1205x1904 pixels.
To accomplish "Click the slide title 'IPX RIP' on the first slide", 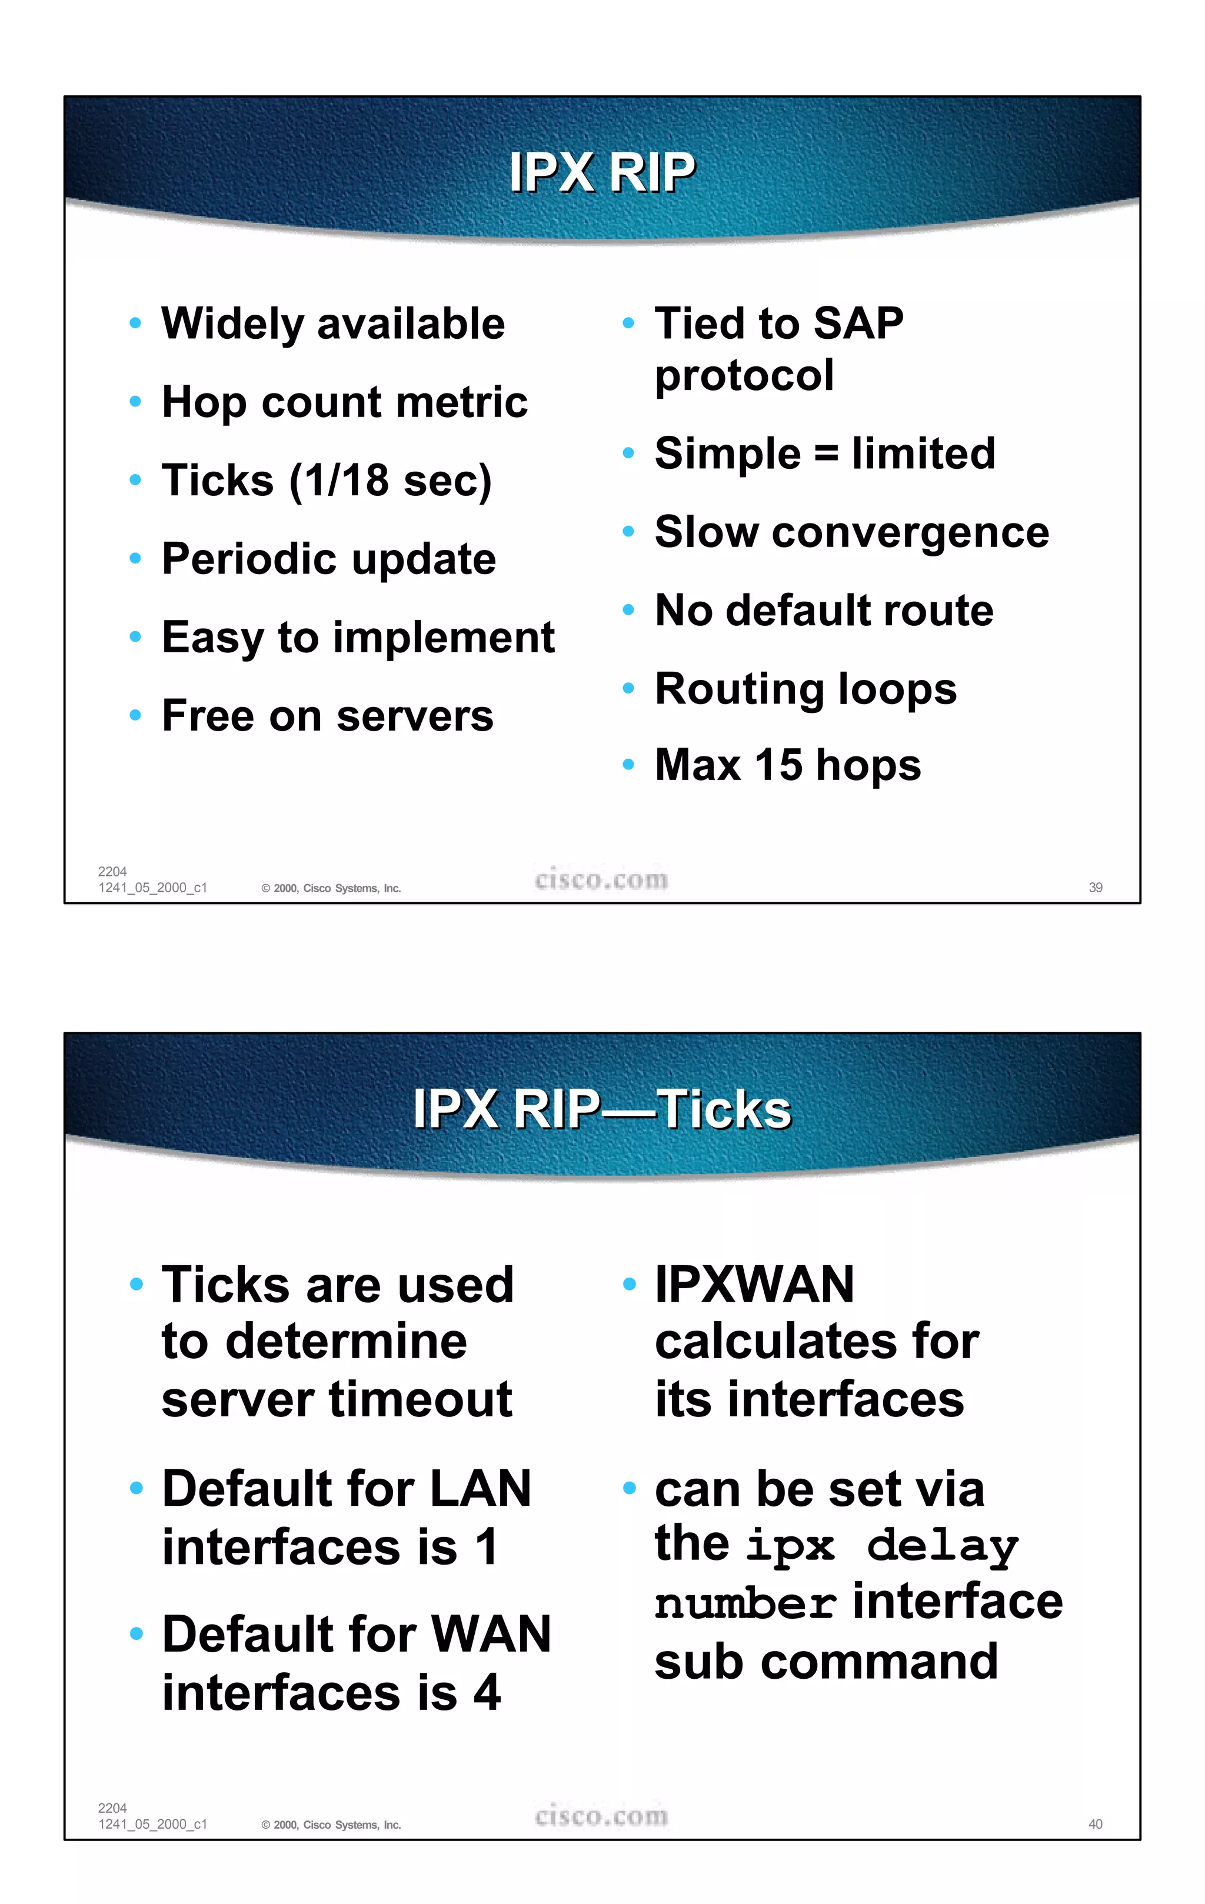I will (602, 172).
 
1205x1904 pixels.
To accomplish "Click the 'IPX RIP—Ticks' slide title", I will (602, 1109).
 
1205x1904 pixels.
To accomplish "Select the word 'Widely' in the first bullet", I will (232, 324).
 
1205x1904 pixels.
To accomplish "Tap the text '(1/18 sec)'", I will (391, 481).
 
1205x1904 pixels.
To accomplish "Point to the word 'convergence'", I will (910, 533).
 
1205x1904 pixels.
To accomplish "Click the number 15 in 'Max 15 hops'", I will (779, 765).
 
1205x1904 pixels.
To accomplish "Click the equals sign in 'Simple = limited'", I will (825, 454).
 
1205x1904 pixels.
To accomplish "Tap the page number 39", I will (1095, 887).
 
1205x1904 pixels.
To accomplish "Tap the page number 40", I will (1095, 1824).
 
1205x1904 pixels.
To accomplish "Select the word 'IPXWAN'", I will (754, 1284).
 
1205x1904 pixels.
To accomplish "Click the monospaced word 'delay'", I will (943, 1546).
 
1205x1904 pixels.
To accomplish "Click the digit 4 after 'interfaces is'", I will (487, 1693).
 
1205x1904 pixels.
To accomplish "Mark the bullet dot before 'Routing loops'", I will (628, 688).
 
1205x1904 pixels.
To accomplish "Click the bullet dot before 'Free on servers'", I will (135, 716).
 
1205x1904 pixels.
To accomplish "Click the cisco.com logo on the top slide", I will (602, 879).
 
